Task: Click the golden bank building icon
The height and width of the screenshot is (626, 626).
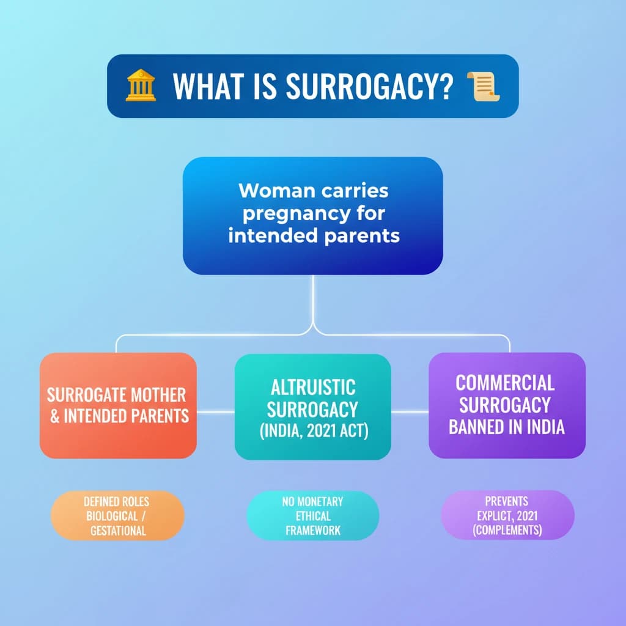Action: [141, 86]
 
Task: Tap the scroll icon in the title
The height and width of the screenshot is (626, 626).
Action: [483, 87]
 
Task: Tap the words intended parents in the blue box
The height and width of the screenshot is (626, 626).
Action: [313, 235]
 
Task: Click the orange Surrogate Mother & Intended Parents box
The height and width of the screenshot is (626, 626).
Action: [118, 405]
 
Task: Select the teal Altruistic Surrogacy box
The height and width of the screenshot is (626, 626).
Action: [313, 407]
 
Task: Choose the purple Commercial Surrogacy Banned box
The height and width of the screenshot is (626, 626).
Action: [507, 405]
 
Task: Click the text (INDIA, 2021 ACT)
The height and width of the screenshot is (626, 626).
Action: [313, 430]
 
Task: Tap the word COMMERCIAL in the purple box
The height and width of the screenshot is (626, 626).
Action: [506, 383]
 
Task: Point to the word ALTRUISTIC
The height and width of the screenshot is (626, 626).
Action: [313, 386]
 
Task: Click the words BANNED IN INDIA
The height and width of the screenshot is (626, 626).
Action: [507, 427]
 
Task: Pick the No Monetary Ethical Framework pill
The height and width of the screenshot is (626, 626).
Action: [313, 515]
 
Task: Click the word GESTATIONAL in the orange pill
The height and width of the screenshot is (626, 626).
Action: [118, 530]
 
